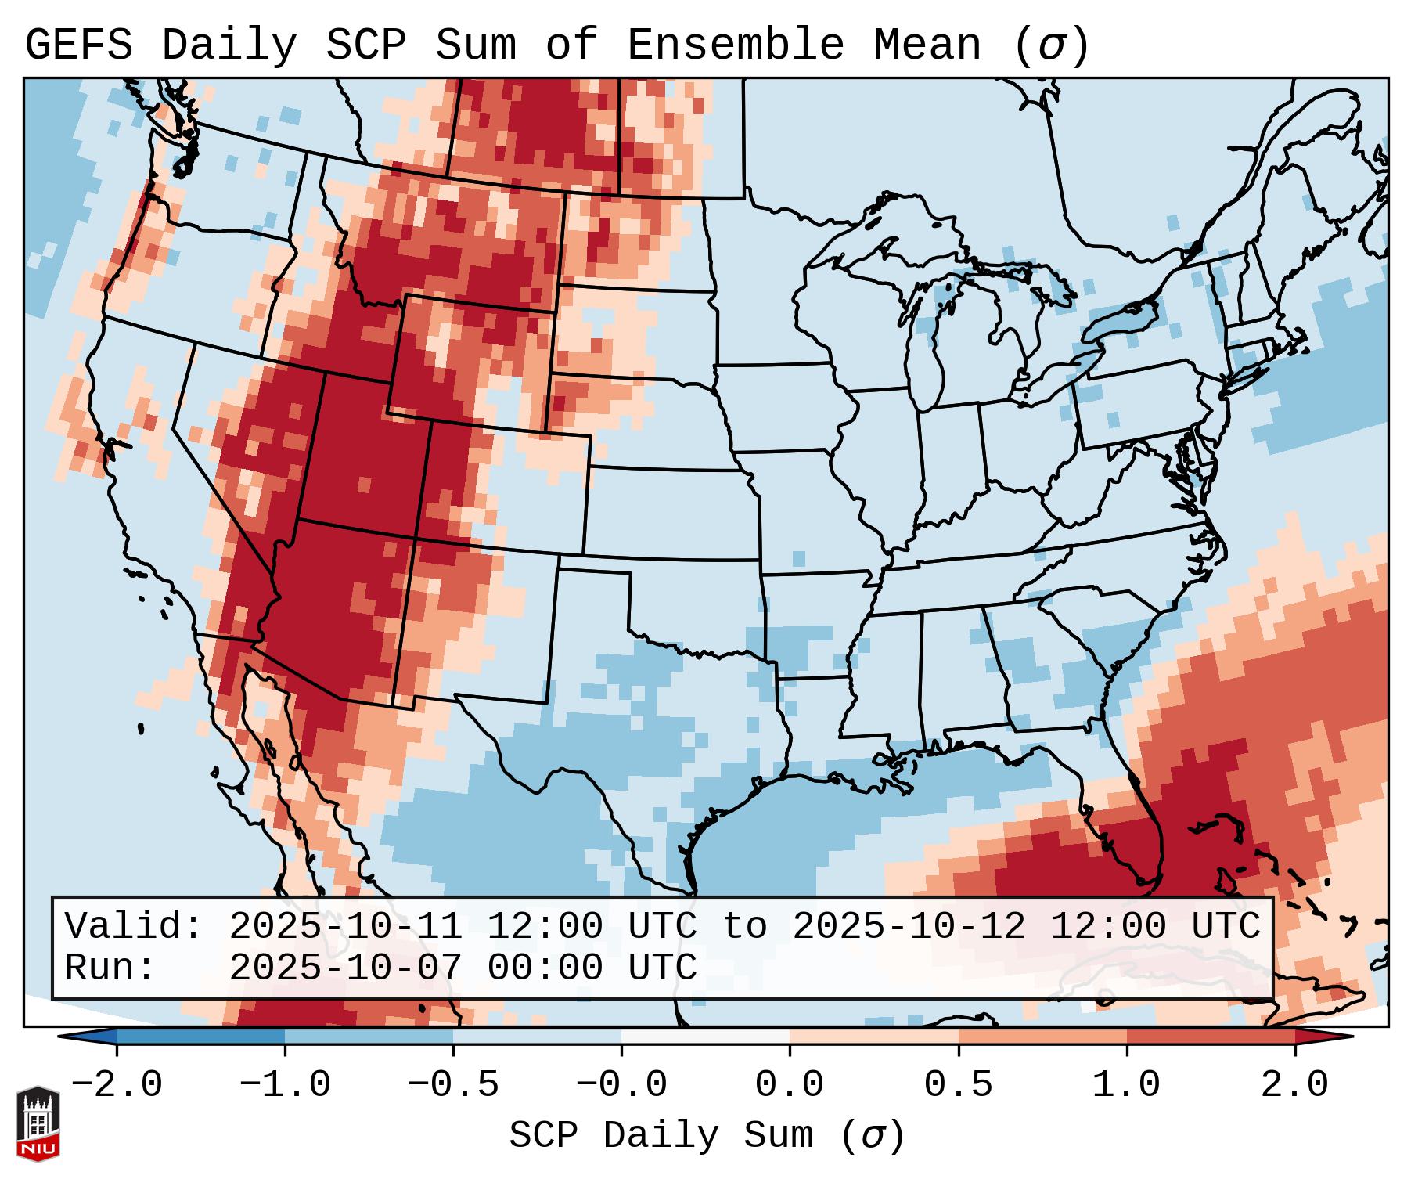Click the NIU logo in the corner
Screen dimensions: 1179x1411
coord(38,1123)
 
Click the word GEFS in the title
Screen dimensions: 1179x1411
coord(78,45)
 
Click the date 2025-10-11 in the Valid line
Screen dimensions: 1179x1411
coord(345,927)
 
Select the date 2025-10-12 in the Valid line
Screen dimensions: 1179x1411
coord(909,927)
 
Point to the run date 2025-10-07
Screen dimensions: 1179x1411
coord(345,968)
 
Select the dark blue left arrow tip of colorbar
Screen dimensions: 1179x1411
coord(78,1037)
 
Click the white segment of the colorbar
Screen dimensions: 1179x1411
coord(705,1037)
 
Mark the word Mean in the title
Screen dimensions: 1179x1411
coord(927,45)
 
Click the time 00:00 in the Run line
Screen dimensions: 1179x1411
coord(545,968)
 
